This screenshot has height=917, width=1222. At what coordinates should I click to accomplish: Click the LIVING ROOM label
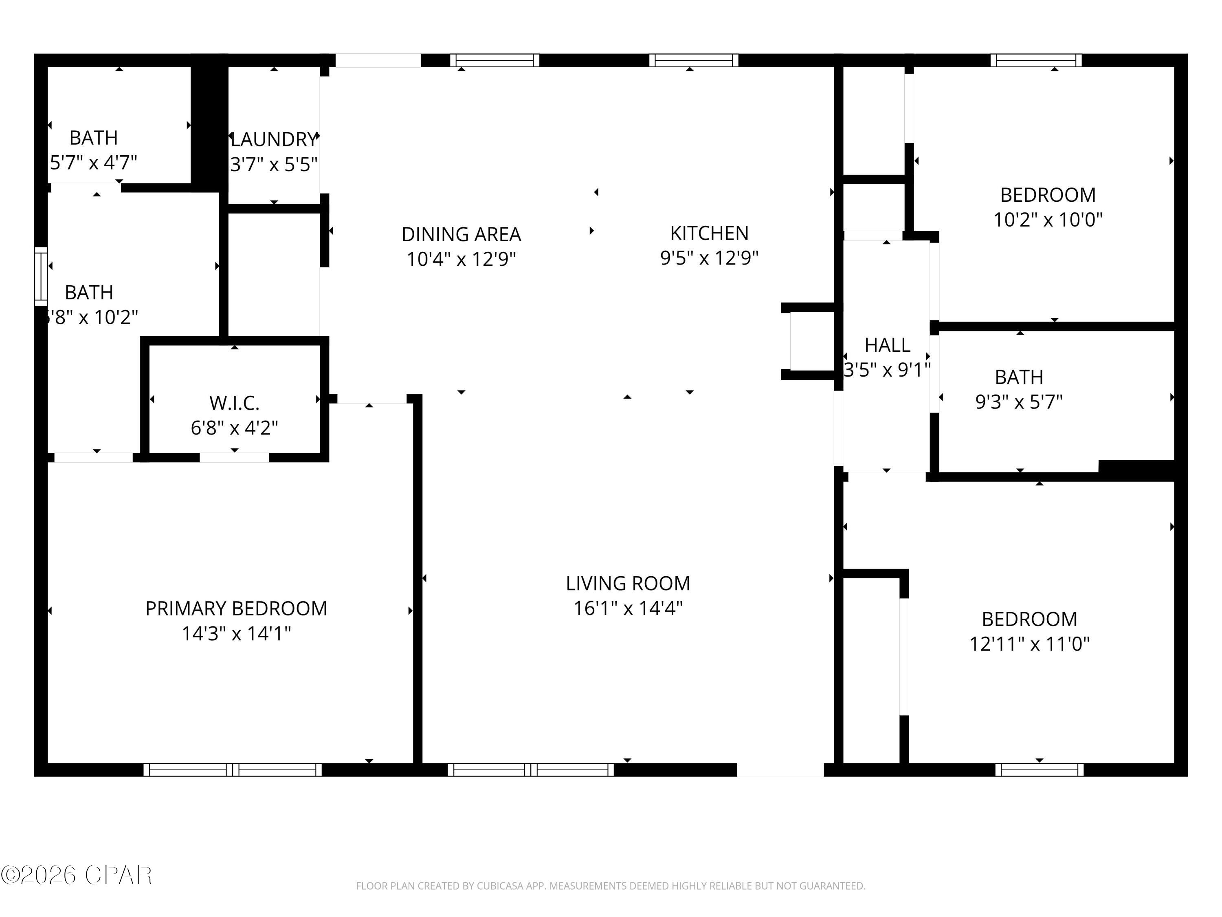pos(628,583)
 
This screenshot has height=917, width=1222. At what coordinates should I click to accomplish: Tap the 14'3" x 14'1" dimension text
pos(236,633)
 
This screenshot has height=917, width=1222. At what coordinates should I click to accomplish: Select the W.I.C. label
pos(234,403)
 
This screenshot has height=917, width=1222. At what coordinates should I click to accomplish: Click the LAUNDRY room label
pos(274,139)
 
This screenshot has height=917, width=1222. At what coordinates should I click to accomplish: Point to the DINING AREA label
pos(461,234)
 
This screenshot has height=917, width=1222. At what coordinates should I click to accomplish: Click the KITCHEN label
pos(709,233)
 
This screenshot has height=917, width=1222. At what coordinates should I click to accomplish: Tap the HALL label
pos(887,345)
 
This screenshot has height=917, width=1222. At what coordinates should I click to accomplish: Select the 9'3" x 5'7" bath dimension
pos(1019,401)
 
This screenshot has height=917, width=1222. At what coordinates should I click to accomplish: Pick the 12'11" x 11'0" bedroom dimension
pos(1030,644)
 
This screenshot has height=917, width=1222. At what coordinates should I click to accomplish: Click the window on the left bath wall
pos(41,276)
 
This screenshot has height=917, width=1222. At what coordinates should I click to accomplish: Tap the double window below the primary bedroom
pos(233,769)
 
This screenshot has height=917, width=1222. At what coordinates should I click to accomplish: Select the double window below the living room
pos(530,769)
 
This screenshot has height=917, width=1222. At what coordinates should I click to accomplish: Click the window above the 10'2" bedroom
pos(1036,60)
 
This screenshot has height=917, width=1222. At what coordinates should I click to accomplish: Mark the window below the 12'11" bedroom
pos(1039,769)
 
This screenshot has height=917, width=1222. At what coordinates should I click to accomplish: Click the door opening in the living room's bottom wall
pos(780,769)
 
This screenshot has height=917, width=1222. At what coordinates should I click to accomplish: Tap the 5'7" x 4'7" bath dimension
pos(93,163)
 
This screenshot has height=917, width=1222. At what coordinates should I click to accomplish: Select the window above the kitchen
pos(693,60)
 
